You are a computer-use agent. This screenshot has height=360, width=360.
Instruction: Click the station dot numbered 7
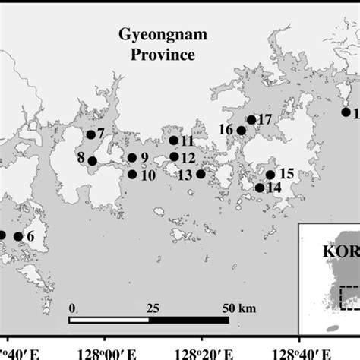91,135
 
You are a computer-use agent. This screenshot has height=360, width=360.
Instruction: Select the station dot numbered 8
92,161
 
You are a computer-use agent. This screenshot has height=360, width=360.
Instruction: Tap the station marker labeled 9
132,158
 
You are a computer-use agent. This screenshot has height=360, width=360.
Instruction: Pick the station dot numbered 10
132,175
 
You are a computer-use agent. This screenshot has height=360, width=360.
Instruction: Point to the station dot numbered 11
174,141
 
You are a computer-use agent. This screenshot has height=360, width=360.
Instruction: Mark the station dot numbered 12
174,157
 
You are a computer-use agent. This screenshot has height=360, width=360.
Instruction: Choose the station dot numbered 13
201,174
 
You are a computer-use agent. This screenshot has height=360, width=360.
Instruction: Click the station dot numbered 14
260,188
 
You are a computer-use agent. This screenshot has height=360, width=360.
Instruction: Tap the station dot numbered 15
270,175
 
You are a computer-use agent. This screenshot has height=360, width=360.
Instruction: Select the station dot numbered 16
242,131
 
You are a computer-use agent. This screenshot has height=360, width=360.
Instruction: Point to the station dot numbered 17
251,119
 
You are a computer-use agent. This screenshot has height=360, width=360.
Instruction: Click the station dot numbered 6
18,236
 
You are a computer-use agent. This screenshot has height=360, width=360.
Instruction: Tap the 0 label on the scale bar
71,309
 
